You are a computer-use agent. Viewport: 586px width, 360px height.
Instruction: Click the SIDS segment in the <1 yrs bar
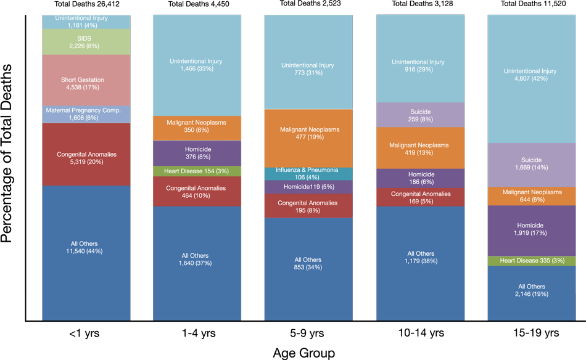pos(86,41)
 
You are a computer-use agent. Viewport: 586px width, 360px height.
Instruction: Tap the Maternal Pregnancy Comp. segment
pos(86,113)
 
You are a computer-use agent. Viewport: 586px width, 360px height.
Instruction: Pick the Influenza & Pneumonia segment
pos(308,173)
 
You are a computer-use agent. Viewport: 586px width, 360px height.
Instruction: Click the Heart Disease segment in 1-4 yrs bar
pos(197,171)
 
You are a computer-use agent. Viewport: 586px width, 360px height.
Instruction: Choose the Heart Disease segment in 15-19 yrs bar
pos(532,261)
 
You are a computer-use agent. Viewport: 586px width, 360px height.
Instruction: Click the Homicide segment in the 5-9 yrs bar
pos(308,187)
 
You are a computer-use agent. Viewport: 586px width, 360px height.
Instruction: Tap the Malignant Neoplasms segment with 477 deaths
pos(308,137)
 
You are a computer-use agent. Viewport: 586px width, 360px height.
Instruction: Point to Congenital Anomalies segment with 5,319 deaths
pos(86,154)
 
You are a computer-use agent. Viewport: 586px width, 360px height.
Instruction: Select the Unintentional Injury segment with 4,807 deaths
pos(532,78)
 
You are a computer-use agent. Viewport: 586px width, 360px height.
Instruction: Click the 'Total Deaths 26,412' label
pos(86,5)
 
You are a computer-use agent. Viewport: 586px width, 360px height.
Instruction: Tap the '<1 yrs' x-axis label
pos(86,333)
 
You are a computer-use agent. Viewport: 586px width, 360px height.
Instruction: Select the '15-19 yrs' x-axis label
pos(532,333)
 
